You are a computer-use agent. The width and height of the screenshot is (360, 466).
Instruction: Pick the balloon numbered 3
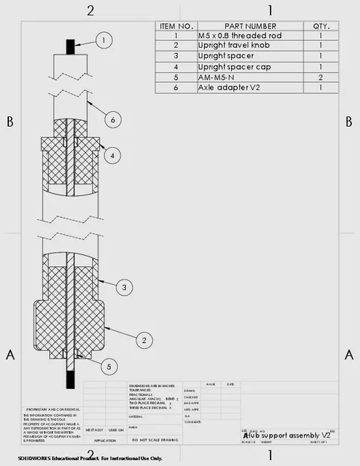click(x=125, y=286)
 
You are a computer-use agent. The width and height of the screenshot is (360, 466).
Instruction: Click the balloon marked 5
click(x=109, y=366)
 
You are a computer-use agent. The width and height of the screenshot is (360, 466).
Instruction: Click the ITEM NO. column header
click(x=175, y=25)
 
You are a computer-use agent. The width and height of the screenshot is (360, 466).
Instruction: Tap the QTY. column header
click(x=320, y=25)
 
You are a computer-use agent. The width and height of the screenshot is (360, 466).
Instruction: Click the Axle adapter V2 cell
click(x=226, y=87)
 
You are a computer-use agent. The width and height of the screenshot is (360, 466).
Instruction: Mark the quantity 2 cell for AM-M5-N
click(x=320, y=77)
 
